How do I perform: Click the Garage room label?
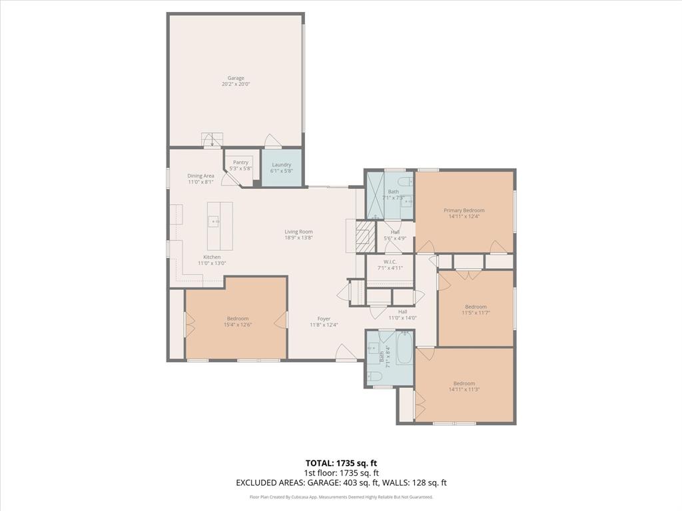click(236, 78)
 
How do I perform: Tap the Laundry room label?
click(281, 164)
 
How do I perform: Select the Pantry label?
click(240, 162)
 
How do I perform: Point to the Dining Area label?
click(200, 176)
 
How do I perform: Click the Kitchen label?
click(212, 257)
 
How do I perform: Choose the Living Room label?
click(298, 232)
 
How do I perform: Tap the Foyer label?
click(324, 319)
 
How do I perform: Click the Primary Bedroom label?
click(464, 210)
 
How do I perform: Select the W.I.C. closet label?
click(390, 261)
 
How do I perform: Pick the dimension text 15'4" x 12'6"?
click(237, 325)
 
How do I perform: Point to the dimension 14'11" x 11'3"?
click(464, 390)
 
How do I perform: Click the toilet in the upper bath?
click(404, 182)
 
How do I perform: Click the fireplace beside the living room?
click(362, 236)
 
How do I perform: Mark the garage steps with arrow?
click(212, 140)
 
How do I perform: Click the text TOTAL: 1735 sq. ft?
click(341, 463)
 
